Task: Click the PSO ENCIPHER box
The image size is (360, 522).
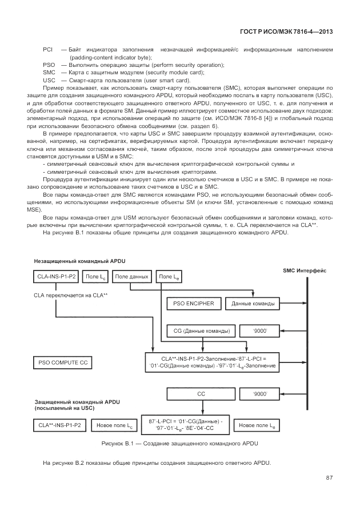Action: click(x=194, y=303)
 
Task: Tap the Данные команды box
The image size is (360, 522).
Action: click(x=253, y=303)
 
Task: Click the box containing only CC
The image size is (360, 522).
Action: click(x=201, y=394)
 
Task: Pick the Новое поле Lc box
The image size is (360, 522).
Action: click(x=114, y=425)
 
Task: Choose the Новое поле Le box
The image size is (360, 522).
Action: click(x=257, y=425)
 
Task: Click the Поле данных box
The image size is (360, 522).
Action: click(x=131, y=277)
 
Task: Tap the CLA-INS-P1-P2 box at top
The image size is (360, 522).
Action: click(x=56, y=277)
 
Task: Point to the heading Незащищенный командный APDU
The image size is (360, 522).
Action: click(x=79, y=261)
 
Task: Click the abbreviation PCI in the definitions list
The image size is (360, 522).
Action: click(x=48, y=50)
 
